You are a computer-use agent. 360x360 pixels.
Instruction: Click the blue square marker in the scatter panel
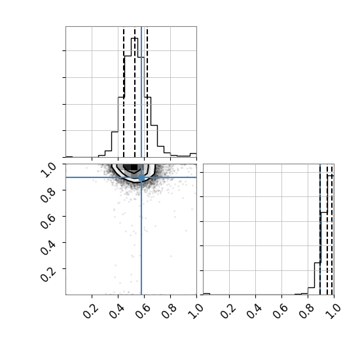click(141, 177)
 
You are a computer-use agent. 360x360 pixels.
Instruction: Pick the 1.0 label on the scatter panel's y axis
click(48, 170)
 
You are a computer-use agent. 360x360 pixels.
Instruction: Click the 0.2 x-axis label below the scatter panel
click(90, 312)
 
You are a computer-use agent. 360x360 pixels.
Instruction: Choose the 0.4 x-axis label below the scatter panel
click(117, 312)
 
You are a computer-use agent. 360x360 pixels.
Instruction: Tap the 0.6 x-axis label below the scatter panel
click(143, 312)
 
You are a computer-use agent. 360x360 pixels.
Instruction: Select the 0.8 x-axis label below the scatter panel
click(169, 312)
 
